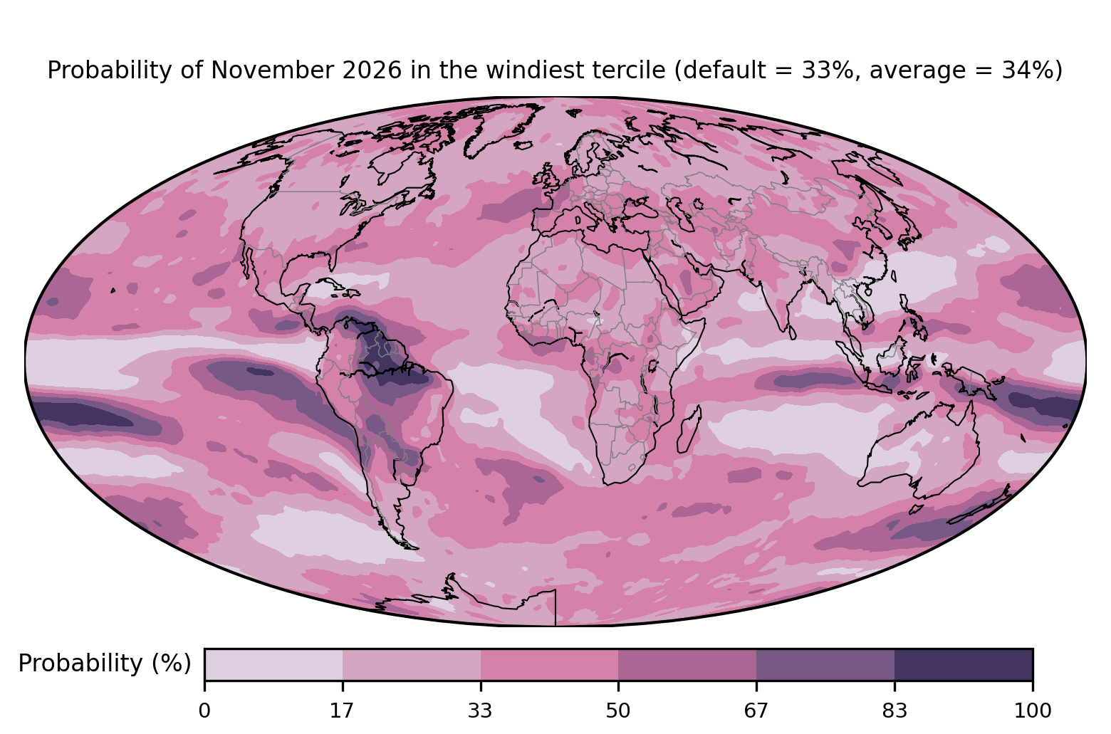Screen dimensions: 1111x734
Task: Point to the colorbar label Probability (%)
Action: tap(105, 664)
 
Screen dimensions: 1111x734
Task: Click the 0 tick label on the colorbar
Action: tap(204, 711)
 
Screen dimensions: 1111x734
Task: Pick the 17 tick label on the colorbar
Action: tap(343, 711)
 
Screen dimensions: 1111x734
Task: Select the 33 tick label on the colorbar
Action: tap(480, 711)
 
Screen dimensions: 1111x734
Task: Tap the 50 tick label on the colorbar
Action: tap(618, 711)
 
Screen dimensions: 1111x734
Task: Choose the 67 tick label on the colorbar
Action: tap(756, 711)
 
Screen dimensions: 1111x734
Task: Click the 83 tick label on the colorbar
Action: tap(894, 711)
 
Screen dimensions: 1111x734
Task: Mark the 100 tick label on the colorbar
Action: tap(1033, 711)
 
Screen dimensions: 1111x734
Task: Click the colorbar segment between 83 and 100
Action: tap(964, 664)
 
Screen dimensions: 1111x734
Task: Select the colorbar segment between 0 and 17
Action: tap(273, 664)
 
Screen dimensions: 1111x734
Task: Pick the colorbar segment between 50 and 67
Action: tap(687, 664)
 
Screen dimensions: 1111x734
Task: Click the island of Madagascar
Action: tap(689, 429)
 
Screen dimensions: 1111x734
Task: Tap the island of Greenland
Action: tap(501, 127)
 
